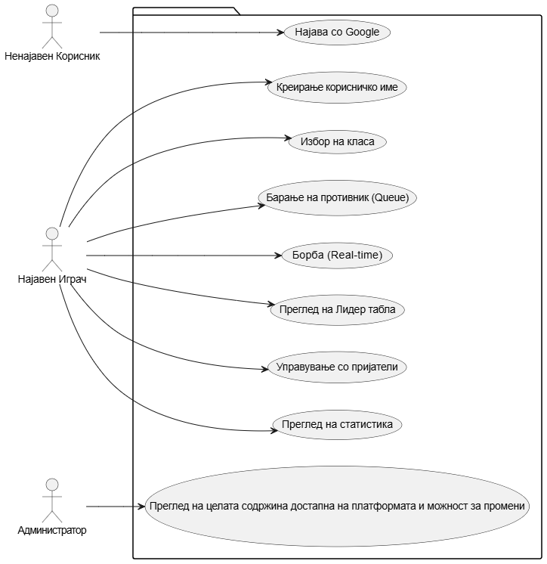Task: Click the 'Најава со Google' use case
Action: (x=336, y=33)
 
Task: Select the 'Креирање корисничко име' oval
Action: (x=337, y=87)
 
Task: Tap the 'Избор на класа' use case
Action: (x=337, y=141)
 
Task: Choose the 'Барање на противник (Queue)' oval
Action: (x=337, y=198)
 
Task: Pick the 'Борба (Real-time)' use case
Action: (x=337, y=255)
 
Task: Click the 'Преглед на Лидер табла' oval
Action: (x=337, y=310)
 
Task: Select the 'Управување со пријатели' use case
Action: (x=337, y=367)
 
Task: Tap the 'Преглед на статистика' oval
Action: (x=337, y=424)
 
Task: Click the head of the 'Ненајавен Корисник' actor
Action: (x=52, y=11)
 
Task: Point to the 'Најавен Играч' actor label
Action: (x=52, y=280)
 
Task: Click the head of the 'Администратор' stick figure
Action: (x=52, y=484)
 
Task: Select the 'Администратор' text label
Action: (x=52, y=530)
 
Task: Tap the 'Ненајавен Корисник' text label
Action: (x=52, y=56)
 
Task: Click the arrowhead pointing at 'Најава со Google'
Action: (x=280, y=33)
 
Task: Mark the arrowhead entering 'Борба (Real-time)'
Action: (x=277, y=256)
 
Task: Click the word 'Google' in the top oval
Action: (x=362, y=33)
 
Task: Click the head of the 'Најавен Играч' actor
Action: (x=52, y=232)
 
